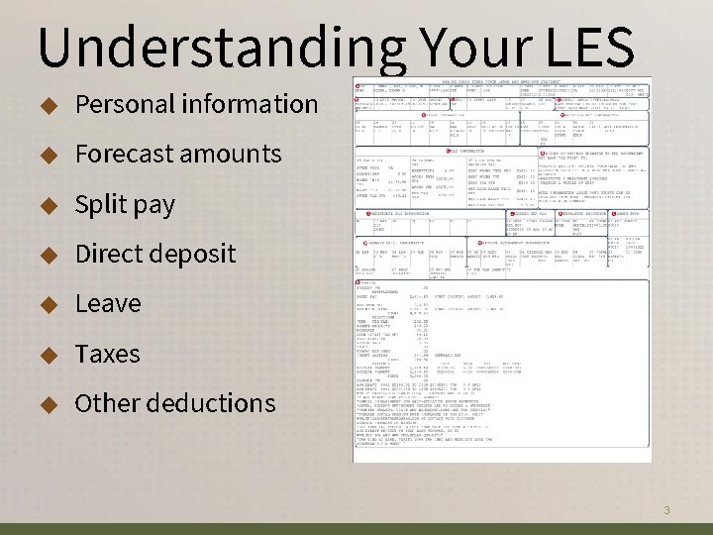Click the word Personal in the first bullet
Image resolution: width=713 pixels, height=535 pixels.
point(120,104)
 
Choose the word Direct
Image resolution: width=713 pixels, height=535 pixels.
point(110,254)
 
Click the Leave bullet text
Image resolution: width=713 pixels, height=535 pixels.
point(108,303)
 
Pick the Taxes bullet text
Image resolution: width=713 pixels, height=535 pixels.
point(107,354)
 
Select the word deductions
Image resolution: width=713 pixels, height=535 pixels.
point(213,403)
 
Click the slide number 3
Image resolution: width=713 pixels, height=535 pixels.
point(667,510)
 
